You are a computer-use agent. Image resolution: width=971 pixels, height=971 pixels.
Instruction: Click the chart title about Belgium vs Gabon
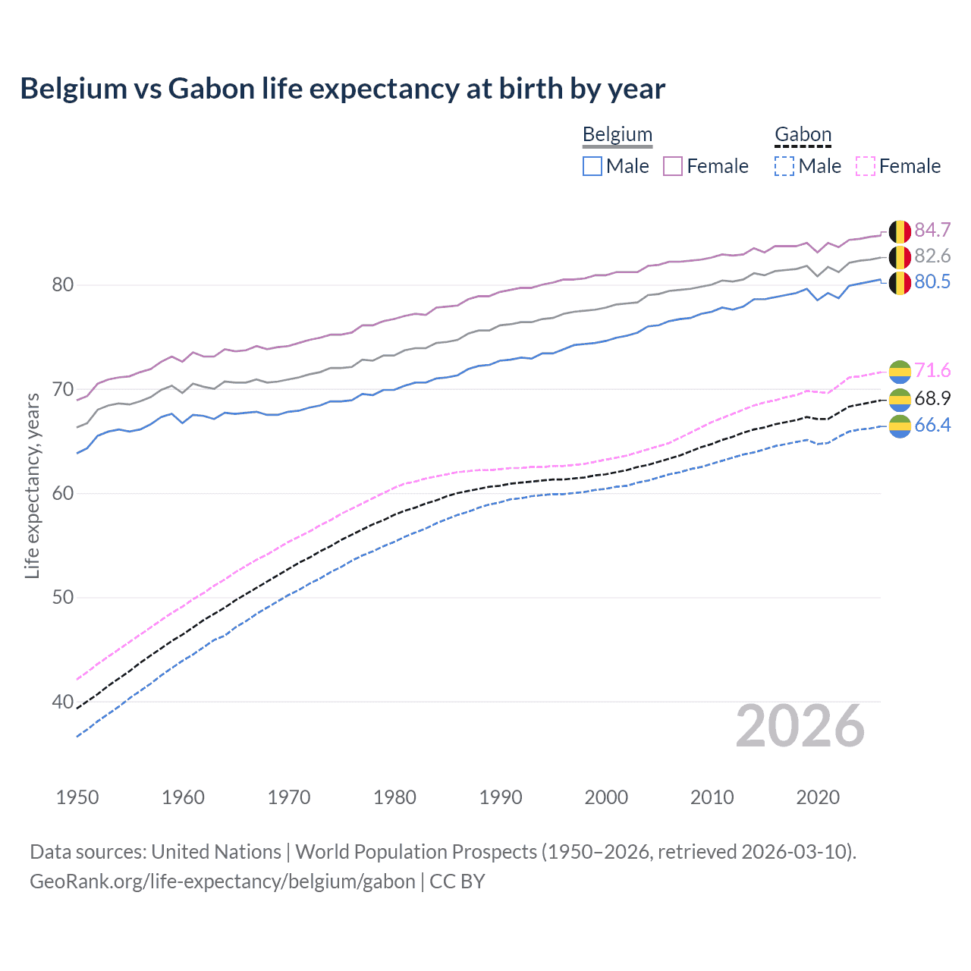click(x=342, y=89)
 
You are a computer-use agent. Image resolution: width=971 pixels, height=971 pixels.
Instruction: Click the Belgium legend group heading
click(x=617, y=135)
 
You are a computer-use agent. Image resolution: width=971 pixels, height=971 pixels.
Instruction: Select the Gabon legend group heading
click(x=803, y=135)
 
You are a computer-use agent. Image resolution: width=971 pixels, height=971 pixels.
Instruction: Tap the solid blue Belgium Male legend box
click(x=592, y=166)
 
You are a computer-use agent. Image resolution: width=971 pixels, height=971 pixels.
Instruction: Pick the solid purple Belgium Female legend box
click(x=673, y=166)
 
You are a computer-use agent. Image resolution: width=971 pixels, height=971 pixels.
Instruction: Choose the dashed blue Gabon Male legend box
click(x=784, y=166)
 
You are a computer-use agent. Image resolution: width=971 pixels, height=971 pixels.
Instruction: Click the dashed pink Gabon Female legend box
click(x=866, y=166)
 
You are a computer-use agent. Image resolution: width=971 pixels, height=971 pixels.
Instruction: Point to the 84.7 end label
click(x=932, y=230)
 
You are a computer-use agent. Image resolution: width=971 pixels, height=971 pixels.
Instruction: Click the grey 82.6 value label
click(x=932, y=256)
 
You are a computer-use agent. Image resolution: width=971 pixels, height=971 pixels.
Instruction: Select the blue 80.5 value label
click(x=932, y=281)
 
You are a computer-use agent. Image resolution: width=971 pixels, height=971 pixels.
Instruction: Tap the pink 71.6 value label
click(x=932, y=370)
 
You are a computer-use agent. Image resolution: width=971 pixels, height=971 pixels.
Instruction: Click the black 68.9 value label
click(x=932, y=398)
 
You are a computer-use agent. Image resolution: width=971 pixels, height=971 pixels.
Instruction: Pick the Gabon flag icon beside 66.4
click(x=900, y=426)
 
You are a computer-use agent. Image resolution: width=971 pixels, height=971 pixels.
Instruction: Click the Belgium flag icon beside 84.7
click(x=900, y=231)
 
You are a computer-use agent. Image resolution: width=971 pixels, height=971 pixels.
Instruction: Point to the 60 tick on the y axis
click(x=63, y=493)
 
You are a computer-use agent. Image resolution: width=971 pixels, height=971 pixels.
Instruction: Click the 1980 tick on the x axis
click(x=394, y=797)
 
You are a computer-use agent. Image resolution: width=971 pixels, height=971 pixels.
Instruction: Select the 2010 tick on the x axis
click(x=712, y=797)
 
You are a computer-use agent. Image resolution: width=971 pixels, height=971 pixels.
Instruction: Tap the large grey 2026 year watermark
click(x=800, y=726)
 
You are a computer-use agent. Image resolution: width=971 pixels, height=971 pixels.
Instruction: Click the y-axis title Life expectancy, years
click(x=33, y=485)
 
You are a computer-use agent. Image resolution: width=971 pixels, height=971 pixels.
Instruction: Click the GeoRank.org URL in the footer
click(x=222, y=881)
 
